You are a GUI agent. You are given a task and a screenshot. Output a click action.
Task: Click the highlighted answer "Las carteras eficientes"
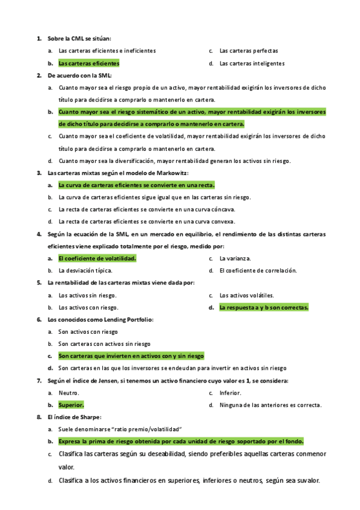89,63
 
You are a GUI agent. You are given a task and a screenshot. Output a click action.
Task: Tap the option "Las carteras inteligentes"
252,63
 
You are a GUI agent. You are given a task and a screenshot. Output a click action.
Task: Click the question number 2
38,75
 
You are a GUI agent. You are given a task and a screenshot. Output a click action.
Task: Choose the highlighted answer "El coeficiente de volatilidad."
97,259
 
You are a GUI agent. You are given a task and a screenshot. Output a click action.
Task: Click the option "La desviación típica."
85,271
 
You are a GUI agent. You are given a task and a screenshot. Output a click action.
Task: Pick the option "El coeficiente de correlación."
258,271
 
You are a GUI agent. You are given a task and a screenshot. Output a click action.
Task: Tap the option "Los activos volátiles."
246,295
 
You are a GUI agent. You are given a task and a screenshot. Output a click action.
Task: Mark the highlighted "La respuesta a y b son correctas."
264,307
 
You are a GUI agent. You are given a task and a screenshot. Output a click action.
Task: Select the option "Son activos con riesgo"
88,332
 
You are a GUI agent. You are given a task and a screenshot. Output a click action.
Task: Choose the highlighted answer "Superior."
71,405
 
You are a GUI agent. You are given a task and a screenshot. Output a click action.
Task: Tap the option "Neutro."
69,393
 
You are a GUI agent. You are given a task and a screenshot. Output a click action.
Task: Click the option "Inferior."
230,393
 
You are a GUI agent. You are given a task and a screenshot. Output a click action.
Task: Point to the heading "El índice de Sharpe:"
75,417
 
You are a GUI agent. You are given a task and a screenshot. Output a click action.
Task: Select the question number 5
38,283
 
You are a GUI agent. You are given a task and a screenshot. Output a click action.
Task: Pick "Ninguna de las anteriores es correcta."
270,405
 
